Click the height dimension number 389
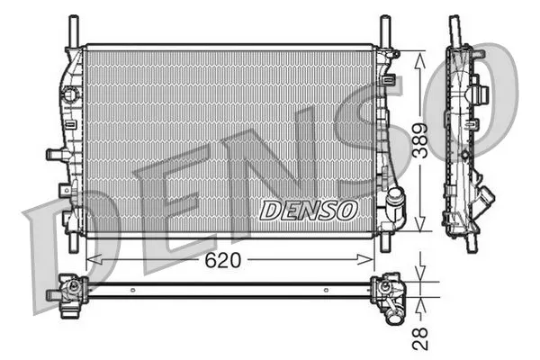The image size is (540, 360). click(420, 139)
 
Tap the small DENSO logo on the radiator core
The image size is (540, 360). click(308, 209)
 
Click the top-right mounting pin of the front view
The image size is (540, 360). click(385, 30)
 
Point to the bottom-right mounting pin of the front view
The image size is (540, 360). click(385, 242)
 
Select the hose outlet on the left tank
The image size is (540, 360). click(56, 156)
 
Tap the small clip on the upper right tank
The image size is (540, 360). click(388, 81)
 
